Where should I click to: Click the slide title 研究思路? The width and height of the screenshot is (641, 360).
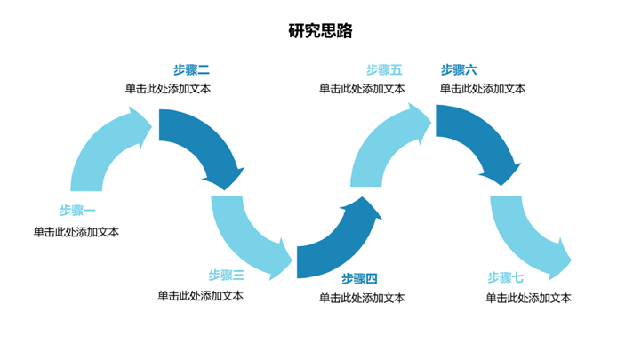[x=320, y=31]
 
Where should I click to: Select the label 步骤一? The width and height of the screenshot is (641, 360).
[x=78, y=211]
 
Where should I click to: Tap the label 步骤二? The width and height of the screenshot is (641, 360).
[x=191, y=69]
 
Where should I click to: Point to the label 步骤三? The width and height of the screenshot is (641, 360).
[x=227, y=275]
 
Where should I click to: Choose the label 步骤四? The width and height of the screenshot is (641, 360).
[x=360, y=278]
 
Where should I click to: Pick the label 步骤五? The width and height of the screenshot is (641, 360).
[x=384, y=69]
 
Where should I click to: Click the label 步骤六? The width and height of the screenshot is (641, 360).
[x=459, y=69]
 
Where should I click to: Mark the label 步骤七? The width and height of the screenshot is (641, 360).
[x=505, y=277]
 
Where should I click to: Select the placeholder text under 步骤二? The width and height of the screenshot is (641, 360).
[x=168, y=89]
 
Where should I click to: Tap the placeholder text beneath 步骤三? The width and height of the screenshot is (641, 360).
[x=201, y=296]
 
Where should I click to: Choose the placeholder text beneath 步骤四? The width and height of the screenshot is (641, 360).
[x=362, y=298]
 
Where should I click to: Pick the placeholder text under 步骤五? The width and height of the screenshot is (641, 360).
[x=362, y=89]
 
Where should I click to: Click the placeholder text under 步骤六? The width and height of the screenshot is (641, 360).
[x=483, y=89]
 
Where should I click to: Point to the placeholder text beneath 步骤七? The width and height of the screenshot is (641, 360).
[x=528, y=298]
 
